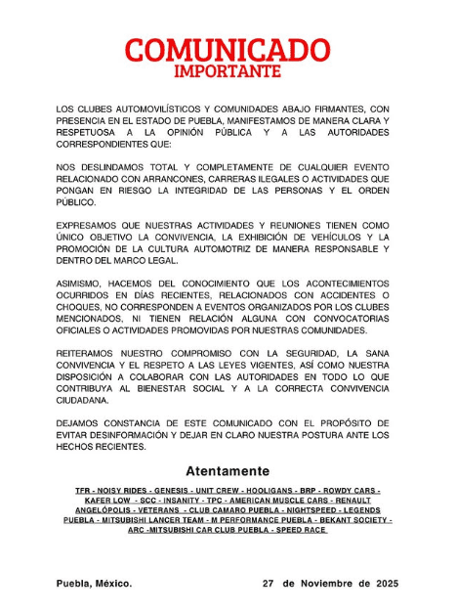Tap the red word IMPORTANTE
228,71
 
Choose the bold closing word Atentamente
227,470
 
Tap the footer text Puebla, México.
93,583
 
